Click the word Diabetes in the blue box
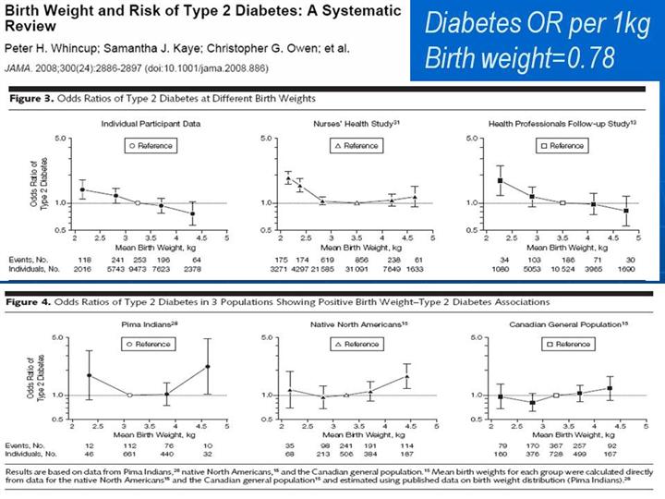tap(476, 23)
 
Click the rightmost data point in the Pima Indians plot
tap(208, 367)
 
